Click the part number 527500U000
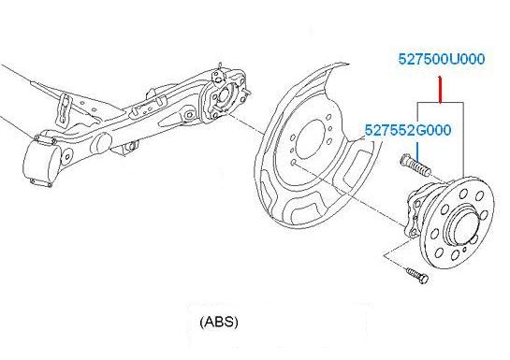point(442,59)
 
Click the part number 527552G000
point(408,130)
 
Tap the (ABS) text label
point(219,322)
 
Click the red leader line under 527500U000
point(440,90)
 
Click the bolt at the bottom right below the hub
point(417,275)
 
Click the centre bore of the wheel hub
point(464,226)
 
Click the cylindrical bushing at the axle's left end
point(41,162)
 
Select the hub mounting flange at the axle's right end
point(225,96)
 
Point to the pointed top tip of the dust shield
point(348,64)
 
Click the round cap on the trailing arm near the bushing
point(104,142)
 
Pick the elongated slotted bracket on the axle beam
point(65,109)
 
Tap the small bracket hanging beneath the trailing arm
point(127,147)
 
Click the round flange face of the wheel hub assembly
point(459,223)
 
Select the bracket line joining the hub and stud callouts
point(441,103)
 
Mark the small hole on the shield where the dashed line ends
point(294,162)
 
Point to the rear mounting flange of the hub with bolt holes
point(413,214)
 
